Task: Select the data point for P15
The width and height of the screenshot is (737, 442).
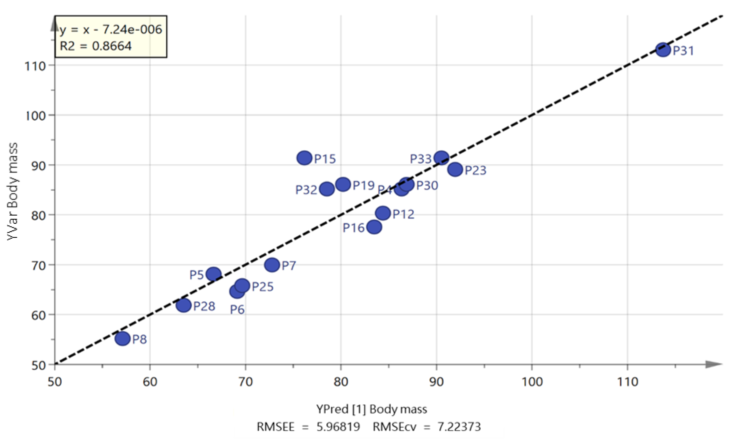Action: tap(304, 158)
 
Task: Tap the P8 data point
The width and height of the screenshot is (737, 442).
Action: tap(122, 339)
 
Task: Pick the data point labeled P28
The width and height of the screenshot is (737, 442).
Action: tap(184, 305)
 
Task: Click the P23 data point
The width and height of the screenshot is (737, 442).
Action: tap(455, 170)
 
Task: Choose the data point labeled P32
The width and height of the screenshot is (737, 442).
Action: tap(327, 189)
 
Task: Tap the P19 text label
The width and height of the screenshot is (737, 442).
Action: tap(364, 186)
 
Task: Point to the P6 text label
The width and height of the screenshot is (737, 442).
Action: tap(237, 310)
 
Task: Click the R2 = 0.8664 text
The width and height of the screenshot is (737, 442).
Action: tap(96, 46)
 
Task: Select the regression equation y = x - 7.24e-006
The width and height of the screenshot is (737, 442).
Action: tap(111, 30)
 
